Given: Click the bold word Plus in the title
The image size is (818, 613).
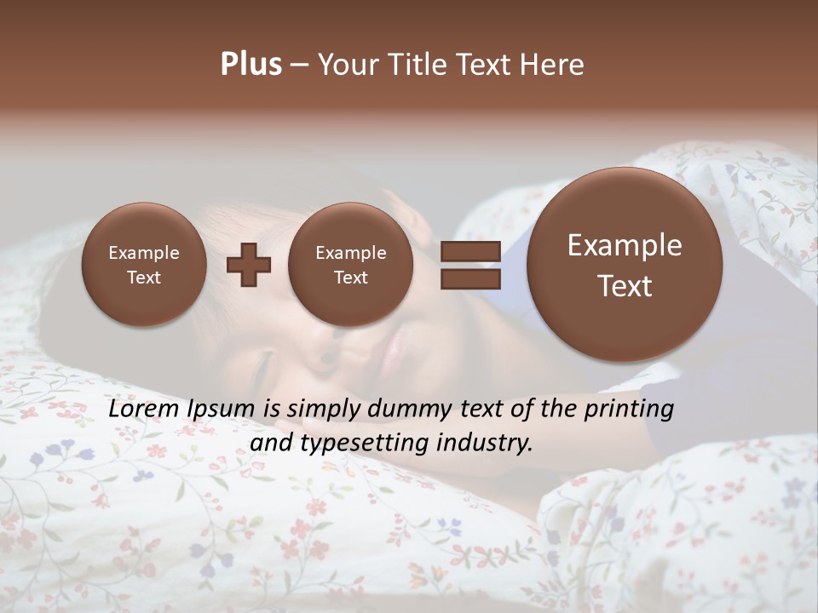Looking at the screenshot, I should click(x=251, y=65).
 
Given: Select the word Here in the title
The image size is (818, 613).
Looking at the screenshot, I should click(x=553, y=65).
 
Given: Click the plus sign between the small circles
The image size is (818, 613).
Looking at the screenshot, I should click(x=249, y=265).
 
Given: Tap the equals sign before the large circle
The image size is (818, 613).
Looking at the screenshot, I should click(x=470, y=265).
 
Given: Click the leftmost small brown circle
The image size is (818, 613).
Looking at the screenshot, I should click(x=144, y=265).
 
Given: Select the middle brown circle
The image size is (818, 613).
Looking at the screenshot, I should click(x=351, y=265).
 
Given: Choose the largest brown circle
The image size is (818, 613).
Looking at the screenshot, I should click(x=625, y=265).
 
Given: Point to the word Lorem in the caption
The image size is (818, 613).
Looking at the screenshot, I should click(x=144, y=409).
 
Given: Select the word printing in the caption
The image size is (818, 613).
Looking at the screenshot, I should click(x=629, y=410).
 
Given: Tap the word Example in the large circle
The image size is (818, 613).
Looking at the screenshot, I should click(x=625, y=245).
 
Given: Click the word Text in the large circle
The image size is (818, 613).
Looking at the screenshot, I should click(x=625, y=286).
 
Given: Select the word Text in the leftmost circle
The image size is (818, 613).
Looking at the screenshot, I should click(x=144, y=278).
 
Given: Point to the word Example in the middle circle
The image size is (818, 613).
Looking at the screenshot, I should click(x=351, y=253).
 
